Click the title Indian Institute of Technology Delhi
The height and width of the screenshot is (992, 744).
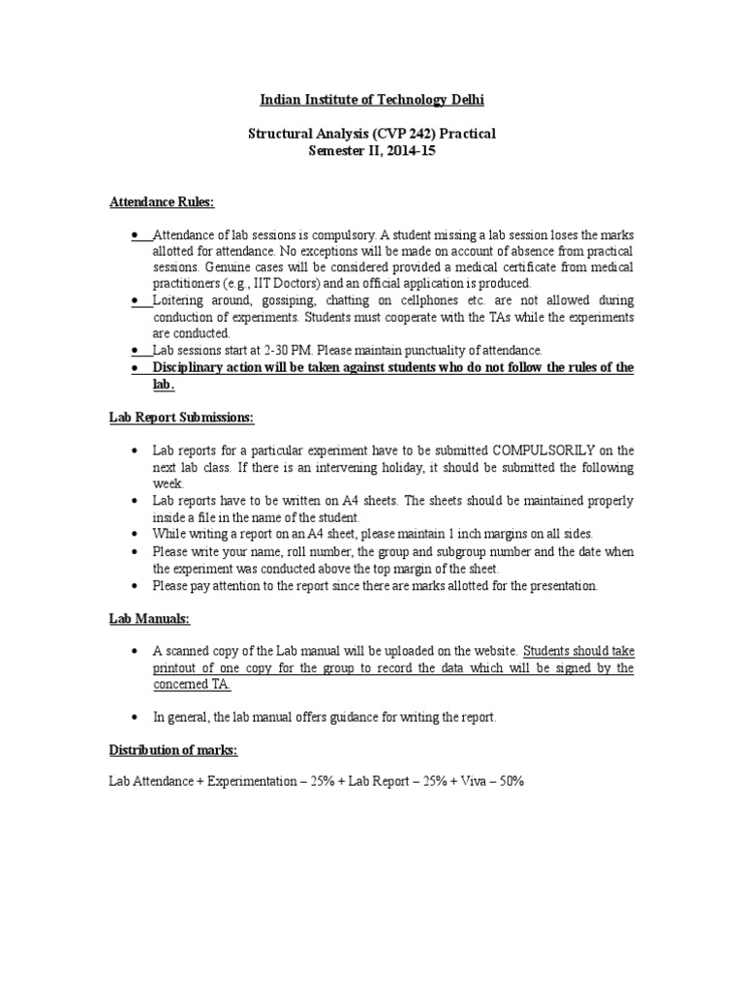coord(372,101)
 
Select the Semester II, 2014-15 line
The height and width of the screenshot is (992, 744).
coord(372,150)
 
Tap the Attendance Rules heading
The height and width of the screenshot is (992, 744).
coord(160,201)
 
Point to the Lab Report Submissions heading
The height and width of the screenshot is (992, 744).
coord(179,417)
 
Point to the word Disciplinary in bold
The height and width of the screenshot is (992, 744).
coord(188,367)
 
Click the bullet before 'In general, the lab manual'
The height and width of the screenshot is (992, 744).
coord(134,717)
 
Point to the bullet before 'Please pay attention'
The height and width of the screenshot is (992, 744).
coord(134,586)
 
